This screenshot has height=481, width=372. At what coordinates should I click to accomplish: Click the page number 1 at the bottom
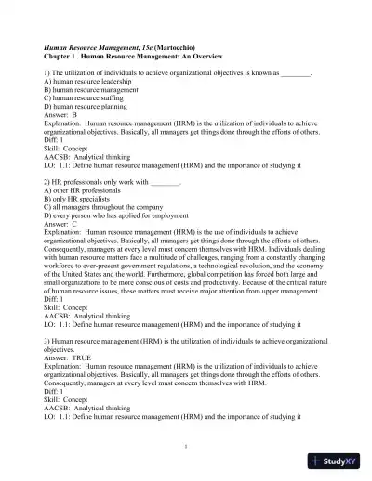tap(186, 448)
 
